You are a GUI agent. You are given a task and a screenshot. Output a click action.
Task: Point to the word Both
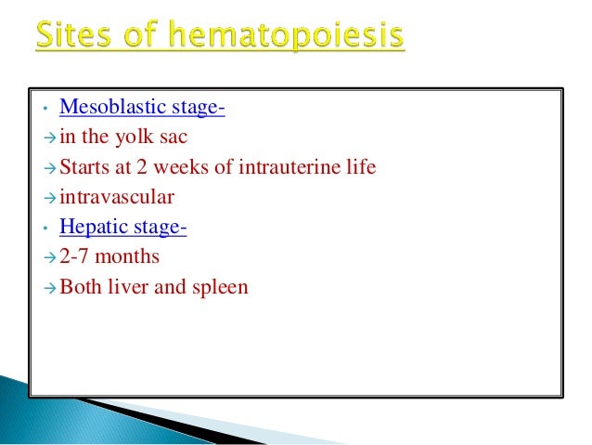point(80,287)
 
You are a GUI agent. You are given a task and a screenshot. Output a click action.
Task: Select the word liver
point(129,287)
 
